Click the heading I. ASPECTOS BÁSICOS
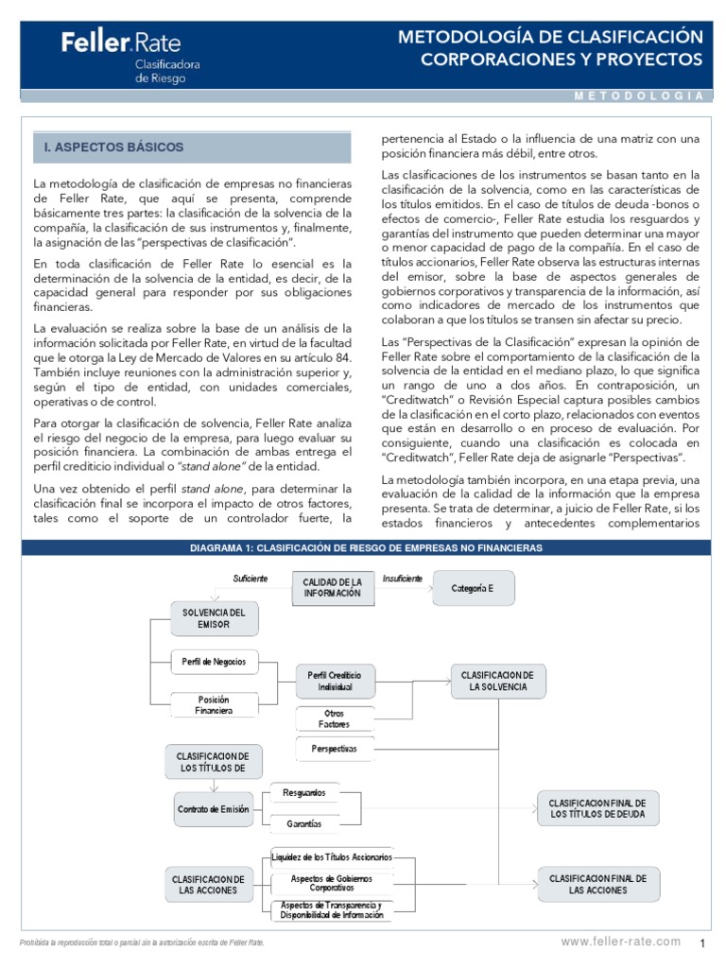click(x=113, y=148)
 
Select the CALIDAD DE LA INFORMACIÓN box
click(x=332, y=587)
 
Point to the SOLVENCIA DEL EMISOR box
click(x=213, y=618)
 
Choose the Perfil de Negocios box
click(x=213, y=661)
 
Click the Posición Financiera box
click(x=213, y=705)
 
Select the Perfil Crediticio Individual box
click(x=335, y=681)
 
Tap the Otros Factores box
click(x=335, y=718)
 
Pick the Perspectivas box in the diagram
click(x=335, y=749)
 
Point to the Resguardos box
click(x=304, y=792)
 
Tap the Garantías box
click(x=304, y=823)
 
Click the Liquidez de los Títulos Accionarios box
click(x=330, y=856)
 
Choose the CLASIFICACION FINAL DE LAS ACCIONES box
click(x=597, y=884)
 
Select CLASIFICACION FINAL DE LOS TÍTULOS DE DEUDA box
click(x=597, y=808)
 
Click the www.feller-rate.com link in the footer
click(x=620, y=942)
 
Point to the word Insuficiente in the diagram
click(x=403, y=578)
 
